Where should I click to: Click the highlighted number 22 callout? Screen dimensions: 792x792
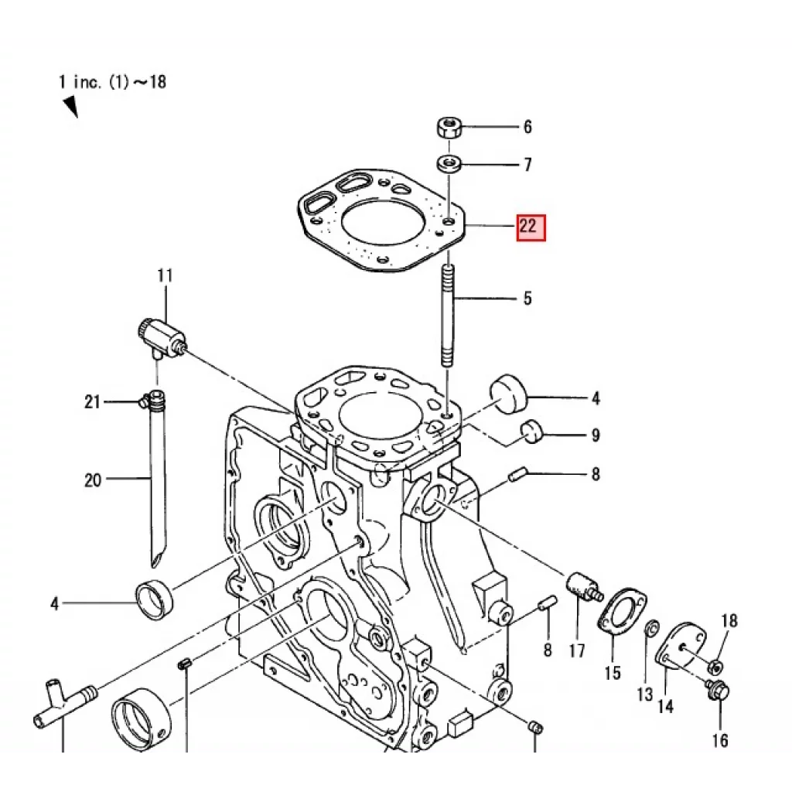531,227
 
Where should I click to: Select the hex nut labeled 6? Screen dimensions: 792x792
449,127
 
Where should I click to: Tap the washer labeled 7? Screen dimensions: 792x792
449,163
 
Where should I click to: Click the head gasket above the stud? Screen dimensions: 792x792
379,221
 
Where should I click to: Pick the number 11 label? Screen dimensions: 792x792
165,276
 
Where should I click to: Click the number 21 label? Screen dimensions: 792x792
93,401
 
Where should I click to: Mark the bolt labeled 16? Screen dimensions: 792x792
718,690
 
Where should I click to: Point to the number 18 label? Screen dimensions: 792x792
729,621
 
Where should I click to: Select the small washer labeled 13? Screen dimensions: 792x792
651,626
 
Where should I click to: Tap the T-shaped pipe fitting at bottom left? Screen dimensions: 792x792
60,701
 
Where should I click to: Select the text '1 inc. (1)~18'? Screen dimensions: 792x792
112,81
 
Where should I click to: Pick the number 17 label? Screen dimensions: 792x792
577,650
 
